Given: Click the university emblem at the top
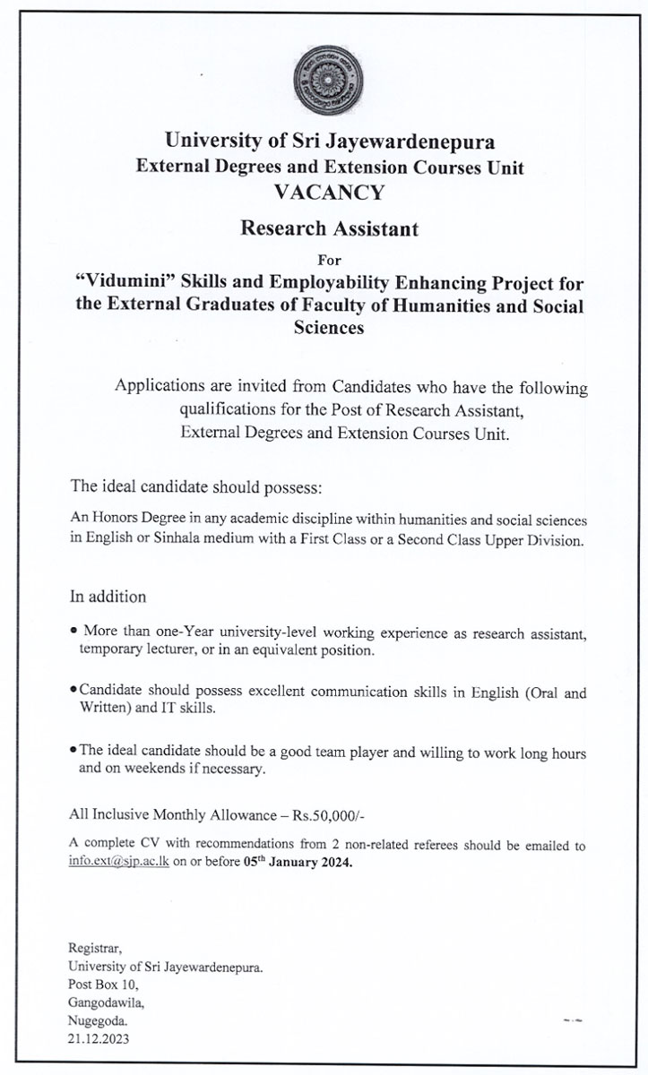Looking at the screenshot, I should click(x=329, y=82).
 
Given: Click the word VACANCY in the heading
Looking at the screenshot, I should click(x=329, y=191).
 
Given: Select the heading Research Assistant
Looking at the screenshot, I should click(x=329, y=229).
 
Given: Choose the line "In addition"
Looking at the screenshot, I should click(x=108, y=596).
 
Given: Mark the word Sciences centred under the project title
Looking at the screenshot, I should click(x=329, y=329).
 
